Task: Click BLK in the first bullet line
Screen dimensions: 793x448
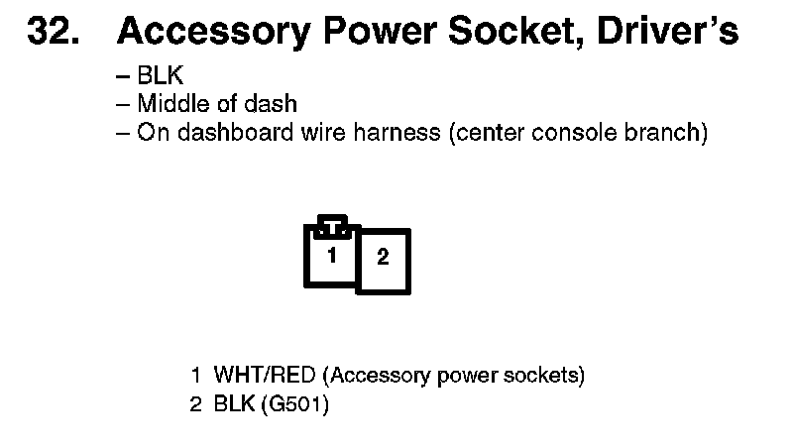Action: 160,75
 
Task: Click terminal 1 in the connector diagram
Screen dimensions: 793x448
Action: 331,256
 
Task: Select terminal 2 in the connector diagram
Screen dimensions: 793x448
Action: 383,259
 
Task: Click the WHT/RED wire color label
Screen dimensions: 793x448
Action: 265,376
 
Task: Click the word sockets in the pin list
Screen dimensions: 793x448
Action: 549,376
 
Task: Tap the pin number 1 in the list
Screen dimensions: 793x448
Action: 196,376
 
